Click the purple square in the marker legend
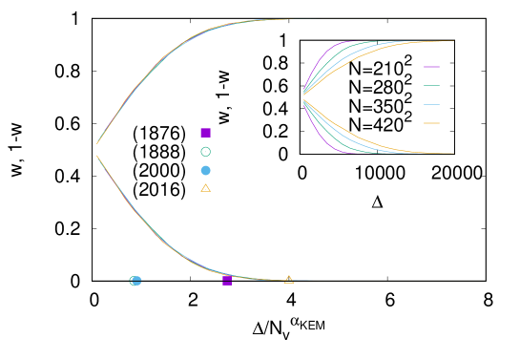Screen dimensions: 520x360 [x=205, y=133]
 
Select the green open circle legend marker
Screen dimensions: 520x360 [x=205, y=152]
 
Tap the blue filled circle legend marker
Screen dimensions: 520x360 [x=205, y=170]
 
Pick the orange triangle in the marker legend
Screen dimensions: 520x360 [x=205, y=188]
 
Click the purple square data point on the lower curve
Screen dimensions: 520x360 [x=227, y=280]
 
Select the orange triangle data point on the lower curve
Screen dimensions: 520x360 [x=288, y=279]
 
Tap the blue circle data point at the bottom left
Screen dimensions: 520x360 [x=136, y=281]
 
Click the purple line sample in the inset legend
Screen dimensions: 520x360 [x=431, y=67]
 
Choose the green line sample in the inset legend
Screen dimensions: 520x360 [x=431, y=86]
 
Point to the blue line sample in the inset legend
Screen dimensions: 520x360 [x=431, y=104]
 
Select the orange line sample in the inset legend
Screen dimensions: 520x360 [x=431, y=123]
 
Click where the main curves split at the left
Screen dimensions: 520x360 [x=96, y=145]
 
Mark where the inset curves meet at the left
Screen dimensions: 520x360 [x=303, y=96]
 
